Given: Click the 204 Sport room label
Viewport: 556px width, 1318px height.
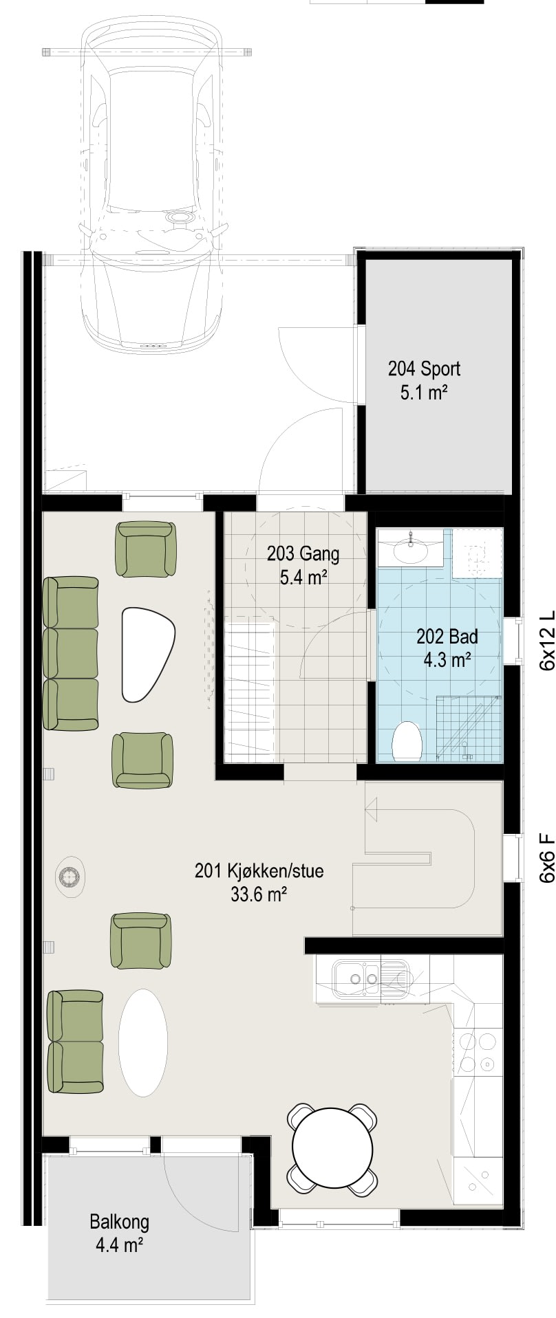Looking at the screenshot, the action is (x=424, y=369).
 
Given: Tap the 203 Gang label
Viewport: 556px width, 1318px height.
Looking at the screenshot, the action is (x=303, y=553).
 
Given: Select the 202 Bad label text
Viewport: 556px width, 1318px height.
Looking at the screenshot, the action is (x=447, y=637).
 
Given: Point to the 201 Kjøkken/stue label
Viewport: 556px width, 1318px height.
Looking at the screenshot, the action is (x=259, y=872).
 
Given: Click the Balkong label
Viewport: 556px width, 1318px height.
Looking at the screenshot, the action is (x=119, y=1222).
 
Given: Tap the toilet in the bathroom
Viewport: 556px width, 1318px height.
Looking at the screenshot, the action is (x=407, y=741).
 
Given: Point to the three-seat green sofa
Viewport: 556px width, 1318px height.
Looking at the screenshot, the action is (x=71, y=653).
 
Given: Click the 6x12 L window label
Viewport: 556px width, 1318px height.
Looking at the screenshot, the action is (x=546, y=639).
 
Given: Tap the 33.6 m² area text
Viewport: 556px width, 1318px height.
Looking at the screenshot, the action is (x=259, y=894).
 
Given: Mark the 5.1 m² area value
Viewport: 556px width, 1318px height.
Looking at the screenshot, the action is (x=424, y=393).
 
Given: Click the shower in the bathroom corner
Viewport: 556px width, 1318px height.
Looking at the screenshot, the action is (x=469, y=728).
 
